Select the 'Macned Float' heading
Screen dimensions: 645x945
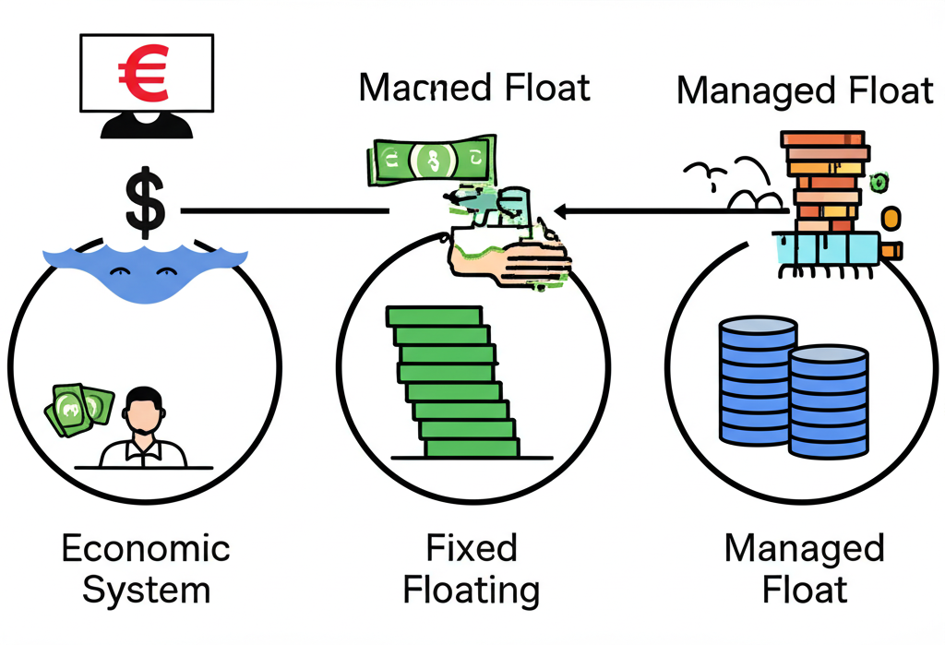pyautogui.click(x=474, y=88)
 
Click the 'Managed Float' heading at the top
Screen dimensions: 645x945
pyautogui.click(x=805, y=91)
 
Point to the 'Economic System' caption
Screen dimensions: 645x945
pyautogui.click(x=146, y=568)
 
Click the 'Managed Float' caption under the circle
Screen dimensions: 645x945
pyautogui.click(x=804, y=568)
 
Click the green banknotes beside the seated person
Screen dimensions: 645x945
pyautogui.click(x=79, y=408)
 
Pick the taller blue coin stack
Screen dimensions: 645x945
pyautogui.click(x=757, y=380)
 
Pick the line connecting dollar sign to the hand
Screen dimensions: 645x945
pyautogui.click(x=286, y=212)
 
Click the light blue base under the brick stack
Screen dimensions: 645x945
pyautogui.click(x=825, y=245)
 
